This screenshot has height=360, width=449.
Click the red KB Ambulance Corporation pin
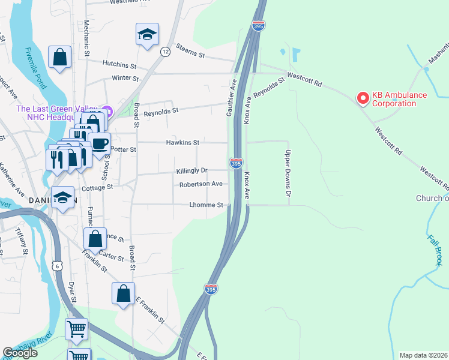tap(363, 97)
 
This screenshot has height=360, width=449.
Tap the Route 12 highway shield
tap(164, 52)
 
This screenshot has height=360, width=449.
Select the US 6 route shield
tap(57, 265)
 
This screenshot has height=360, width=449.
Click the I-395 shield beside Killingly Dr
tap(236, 163)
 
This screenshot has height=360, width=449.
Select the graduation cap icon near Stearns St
tap(146, 35)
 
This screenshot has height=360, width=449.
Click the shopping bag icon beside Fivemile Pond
tap(60, 58)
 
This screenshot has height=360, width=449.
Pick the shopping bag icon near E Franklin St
tap(123, 294)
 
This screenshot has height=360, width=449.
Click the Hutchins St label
tap(119, 64)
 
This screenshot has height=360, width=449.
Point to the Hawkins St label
tap(182, 143)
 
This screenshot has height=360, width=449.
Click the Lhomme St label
tap(206, 205)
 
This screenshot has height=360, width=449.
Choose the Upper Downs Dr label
tap(288, 173)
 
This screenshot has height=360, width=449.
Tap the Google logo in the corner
tap(20, 353)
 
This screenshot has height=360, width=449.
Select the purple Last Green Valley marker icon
tap(107, 110)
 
